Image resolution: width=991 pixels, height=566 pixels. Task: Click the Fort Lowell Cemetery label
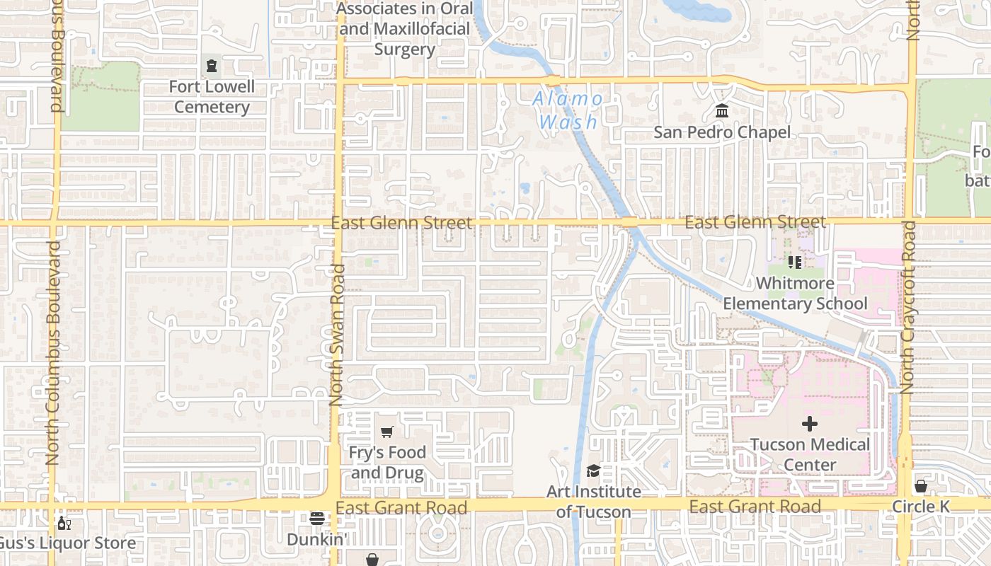point(212,97)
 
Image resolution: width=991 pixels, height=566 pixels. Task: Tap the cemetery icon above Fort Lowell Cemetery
point(211,67)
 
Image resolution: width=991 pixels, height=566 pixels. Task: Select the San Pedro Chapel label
point(721,132)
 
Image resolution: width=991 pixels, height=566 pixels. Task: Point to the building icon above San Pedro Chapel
point(722,111)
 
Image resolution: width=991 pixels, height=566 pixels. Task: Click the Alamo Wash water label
point(568,110)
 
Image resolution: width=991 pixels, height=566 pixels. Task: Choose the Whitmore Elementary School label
point(794,294)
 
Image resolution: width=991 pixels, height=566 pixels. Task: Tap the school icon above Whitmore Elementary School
point(794,262)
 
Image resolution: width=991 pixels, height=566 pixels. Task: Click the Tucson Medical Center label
point(810,455)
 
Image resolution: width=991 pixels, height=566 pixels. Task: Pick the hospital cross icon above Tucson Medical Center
point(810,424)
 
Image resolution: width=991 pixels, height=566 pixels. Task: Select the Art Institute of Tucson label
point(594,502)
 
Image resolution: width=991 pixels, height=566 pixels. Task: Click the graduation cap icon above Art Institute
point(593,471)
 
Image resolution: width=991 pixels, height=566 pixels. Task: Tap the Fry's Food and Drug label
point(387,463)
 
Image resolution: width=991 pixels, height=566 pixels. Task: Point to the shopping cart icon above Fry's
point(386,432)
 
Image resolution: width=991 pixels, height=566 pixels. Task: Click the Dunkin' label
point(316,539)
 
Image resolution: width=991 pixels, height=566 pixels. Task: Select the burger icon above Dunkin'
point(316,519)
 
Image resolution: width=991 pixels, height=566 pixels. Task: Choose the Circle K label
point(920,507)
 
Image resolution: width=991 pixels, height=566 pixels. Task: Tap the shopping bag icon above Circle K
point(920,486)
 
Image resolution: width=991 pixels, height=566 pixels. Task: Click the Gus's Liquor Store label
point(67,543)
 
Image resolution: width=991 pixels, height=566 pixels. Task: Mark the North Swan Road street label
point(337,335)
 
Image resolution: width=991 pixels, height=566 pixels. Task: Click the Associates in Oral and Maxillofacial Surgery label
point(404,29)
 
